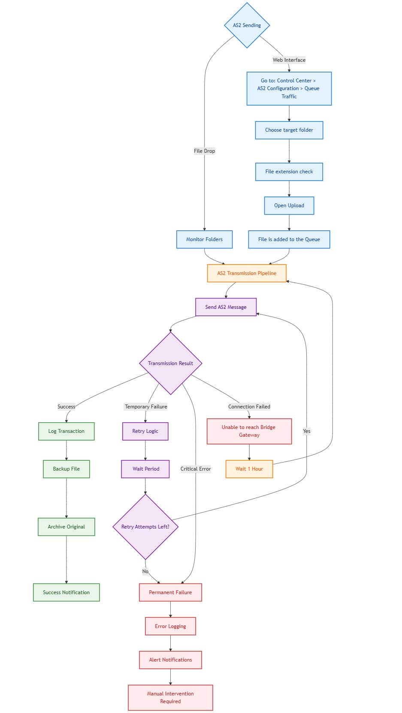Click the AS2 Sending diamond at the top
pos(247,25)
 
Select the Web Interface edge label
pos(289,60)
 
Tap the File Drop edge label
pos(204,151)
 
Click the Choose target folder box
pos(289,130)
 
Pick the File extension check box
pos(289,172)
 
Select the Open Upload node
pos(289,205)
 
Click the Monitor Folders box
pos(204,239)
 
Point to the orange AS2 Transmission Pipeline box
pos(247,273)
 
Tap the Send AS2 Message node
pos(226,307)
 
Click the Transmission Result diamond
pos(171,363)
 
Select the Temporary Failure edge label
pos(146,407)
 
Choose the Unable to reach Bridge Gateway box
pos(249,431)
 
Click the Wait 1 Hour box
pos(249,469)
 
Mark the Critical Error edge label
pos(196,469)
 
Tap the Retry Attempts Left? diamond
pos(145,527)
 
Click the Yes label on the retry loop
pos(306,431)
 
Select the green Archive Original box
pos(66,527)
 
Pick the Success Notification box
pos(66,592)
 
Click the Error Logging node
pos(170,626)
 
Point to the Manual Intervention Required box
pos(170,698)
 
